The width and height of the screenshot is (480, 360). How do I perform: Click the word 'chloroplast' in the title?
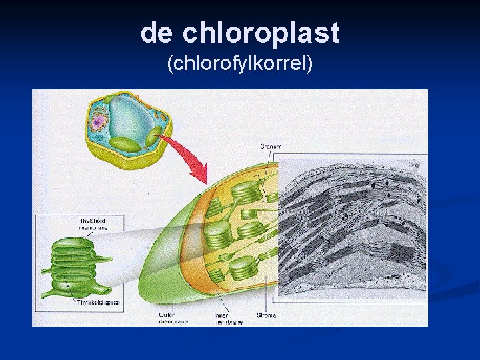[261, 33]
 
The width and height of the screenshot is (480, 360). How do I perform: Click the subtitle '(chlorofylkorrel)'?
[240, 64]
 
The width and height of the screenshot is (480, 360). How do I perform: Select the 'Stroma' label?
[267, 315]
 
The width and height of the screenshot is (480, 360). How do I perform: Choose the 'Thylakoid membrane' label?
[93, 224]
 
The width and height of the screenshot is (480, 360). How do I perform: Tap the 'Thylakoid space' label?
[98, 303]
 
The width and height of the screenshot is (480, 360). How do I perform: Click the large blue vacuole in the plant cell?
[131, 116]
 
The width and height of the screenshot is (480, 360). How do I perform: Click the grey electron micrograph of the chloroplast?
[351, 227]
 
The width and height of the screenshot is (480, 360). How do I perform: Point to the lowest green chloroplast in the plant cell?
[125, 144]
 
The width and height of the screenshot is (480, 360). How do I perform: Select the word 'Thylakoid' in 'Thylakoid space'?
[89, 303]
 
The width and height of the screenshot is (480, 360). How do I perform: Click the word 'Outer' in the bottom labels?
[167, 315]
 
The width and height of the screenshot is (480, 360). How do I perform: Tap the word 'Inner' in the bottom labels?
[221, 315]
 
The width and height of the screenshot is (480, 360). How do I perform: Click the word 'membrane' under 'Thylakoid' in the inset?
[93, 228]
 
